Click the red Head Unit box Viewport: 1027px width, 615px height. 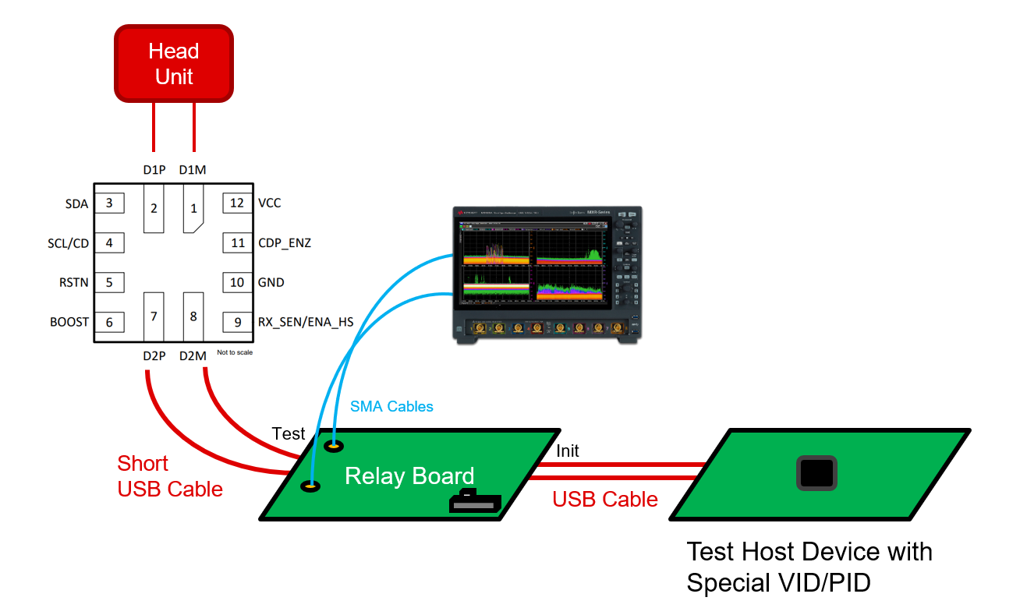pos(174,64)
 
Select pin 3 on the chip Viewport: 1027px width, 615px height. pos(109,203)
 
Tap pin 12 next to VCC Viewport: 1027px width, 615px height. pos(237,203)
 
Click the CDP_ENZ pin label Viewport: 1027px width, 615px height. pos(284,243)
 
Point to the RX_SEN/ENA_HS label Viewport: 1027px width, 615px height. pos(306,322)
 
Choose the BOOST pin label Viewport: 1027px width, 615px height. pos(69,322)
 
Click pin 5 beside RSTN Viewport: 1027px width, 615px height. pos(109,282)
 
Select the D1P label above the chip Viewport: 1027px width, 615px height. pos(154,170)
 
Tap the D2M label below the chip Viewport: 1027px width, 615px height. pos(193,356)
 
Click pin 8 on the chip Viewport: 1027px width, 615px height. pos(193,316)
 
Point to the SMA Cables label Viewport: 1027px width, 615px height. pos(391,406)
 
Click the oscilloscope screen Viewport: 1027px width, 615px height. pos(533,265)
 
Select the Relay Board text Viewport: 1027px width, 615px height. pos(409,476)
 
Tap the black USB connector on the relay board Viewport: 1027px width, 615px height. pos(474,503)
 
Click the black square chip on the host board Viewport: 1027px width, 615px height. pos(816,473)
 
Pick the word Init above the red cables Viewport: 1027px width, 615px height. pos(568,451)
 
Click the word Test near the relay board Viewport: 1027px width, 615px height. pos(289,434)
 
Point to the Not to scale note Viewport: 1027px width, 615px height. pos(235,352)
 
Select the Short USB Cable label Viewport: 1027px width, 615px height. pos(170,476)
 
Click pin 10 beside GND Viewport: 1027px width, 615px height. pos(237,282)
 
